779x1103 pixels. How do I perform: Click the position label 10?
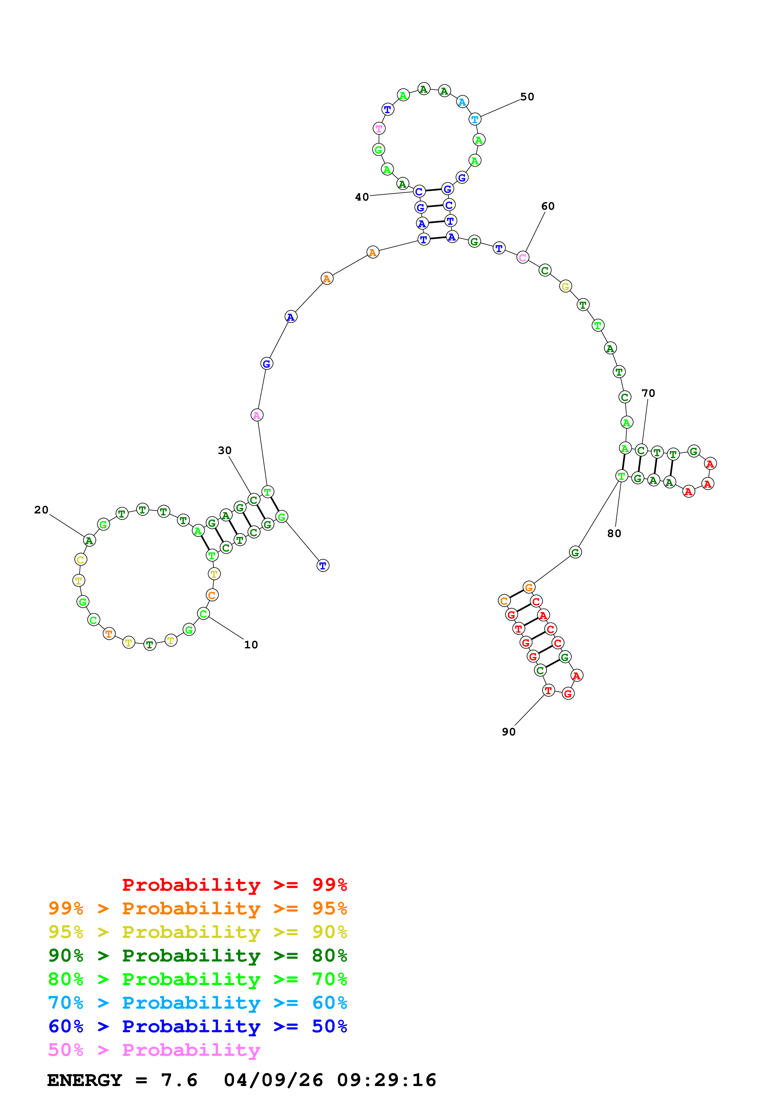[x=250, y=645]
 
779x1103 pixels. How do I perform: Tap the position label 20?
[x=41, y=510]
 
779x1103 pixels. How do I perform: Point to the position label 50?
[x=527, y=97]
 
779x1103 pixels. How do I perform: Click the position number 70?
[x=648, y=393]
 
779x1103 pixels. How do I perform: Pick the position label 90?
[x=509, y=732]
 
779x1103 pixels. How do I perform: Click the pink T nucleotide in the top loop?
[x=379, y=128]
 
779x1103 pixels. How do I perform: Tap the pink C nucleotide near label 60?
[x=522, y=258]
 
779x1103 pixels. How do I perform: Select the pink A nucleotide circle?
[x=257, y=415]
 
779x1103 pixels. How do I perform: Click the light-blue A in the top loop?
[x=462, y=102]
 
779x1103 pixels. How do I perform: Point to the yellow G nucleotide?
[x=565, y=286]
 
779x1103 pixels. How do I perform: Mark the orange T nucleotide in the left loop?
[x=109, y=634]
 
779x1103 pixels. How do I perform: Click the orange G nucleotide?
[x=529, y=587]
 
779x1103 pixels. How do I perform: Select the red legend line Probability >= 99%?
[x=234, y=884]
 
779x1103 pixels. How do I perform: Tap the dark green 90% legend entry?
[x=197, y=956]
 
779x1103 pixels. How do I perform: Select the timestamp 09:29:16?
[x=387, y=1080]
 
